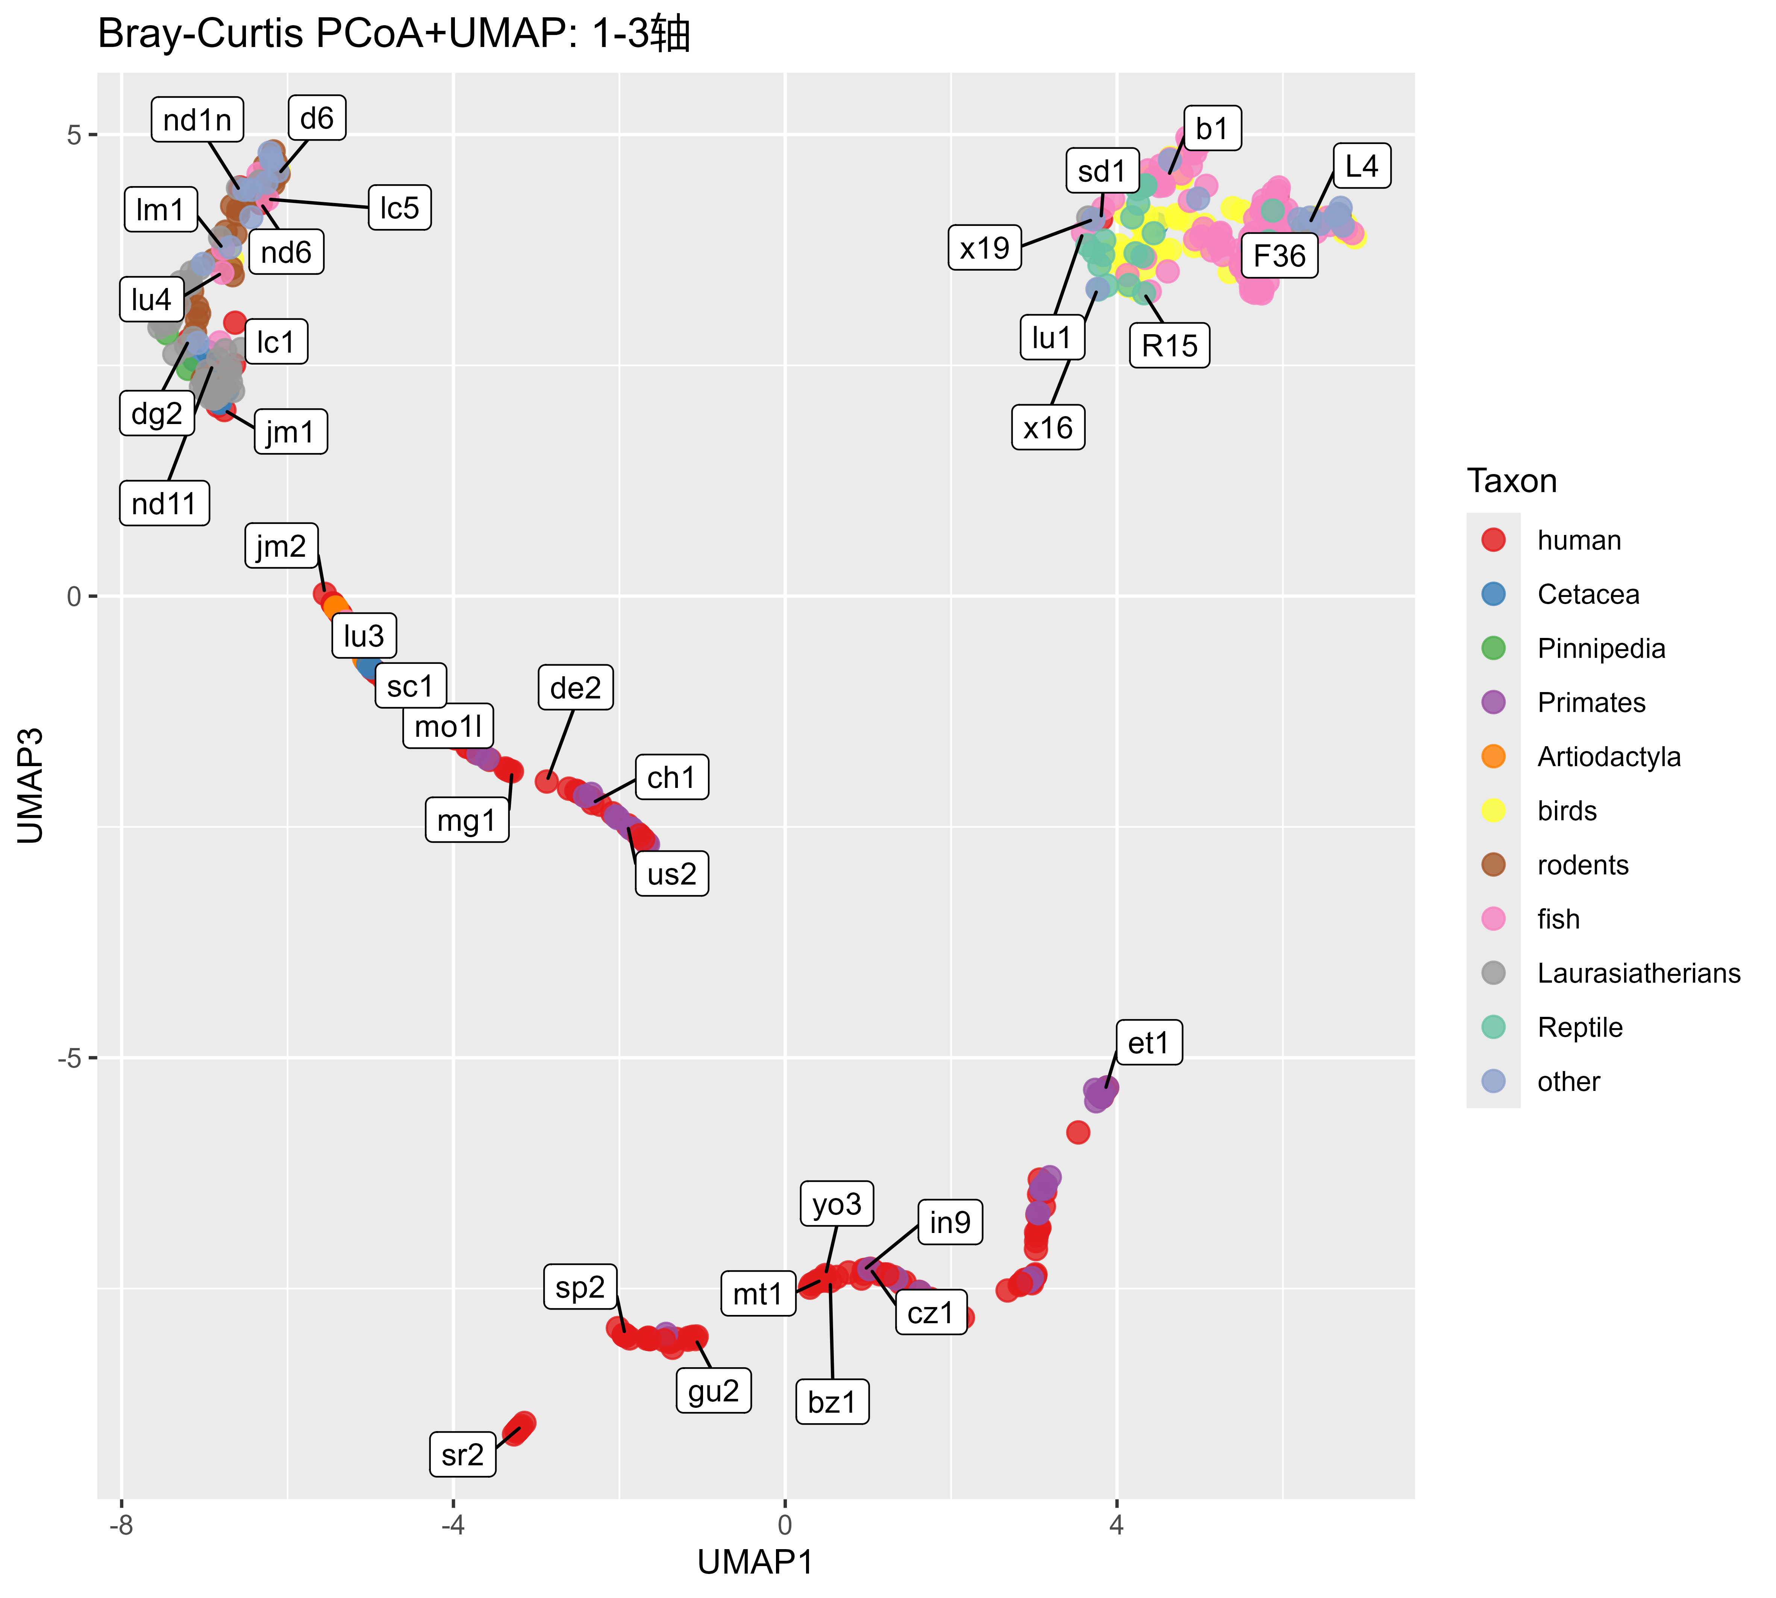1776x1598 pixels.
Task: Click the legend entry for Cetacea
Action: [x=1587, y=594]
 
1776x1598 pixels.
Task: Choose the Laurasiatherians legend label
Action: [x=1638, y=973]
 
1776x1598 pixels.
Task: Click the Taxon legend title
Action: [x=1512, y=481]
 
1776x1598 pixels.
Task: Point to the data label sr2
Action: [x=463, y=1455]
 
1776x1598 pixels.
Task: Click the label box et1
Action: [x=1148, y=1043]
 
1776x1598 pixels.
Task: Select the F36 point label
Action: [x=1279, y=256]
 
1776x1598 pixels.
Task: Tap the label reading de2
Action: [x=575, y=688]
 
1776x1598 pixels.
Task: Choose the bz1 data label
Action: [x=831, y=1402]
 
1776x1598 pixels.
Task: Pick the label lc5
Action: [x=399, y=208]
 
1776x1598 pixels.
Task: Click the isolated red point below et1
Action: [x=1078, y=1133]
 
